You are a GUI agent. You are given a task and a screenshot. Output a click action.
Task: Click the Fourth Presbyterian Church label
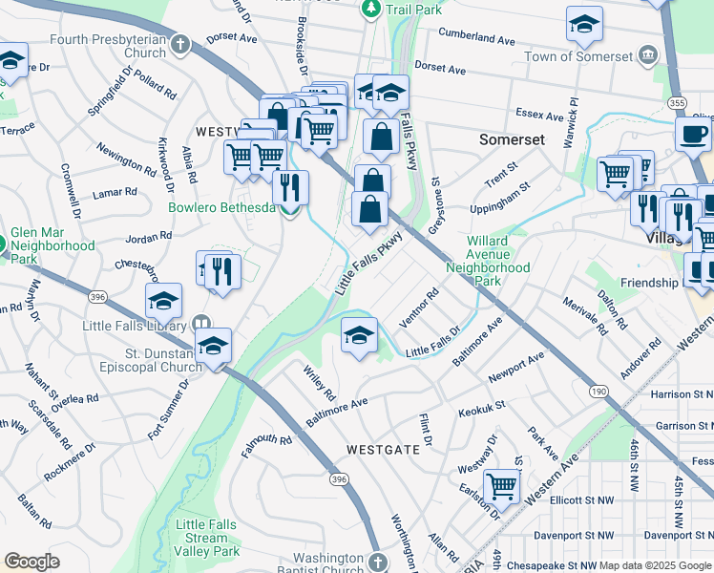click(x=107, y=46)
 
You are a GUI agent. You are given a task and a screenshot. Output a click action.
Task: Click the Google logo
click(x=31, y=562)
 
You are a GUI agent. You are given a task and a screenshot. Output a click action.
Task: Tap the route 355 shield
click(x=677, y=102)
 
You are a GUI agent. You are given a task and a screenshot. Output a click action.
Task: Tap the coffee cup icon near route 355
click(x=693, y=134)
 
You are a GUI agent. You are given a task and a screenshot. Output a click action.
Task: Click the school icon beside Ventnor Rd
click(x=359, y=335)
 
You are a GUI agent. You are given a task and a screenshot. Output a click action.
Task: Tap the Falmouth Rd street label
click(x=266, y=444)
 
